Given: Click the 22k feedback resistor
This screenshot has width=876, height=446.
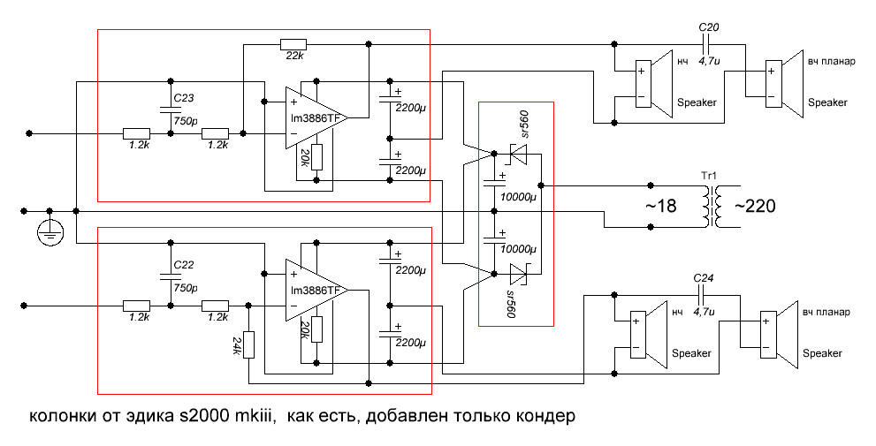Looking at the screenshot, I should click(293, 44).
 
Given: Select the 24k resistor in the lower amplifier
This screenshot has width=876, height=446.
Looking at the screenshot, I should click(248, 344).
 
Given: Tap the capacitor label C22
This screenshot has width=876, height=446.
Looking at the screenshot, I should click(185, 264).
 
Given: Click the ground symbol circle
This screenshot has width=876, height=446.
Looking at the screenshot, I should click(50, 232).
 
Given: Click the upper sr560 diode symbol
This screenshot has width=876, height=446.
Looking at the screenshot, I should click(517, 154).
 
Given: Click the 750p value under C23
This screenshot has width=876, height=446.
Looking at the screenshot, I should click(185, 121).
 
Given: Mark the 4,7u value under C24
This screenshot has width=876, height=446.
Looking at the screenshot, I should click(704, 311).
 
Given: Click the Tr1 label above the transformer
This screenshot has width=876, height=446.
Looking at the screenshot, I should click(709, 177).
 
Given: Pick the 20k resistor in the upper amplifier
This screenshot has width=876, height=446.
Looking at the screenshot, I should click(316, 157).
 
